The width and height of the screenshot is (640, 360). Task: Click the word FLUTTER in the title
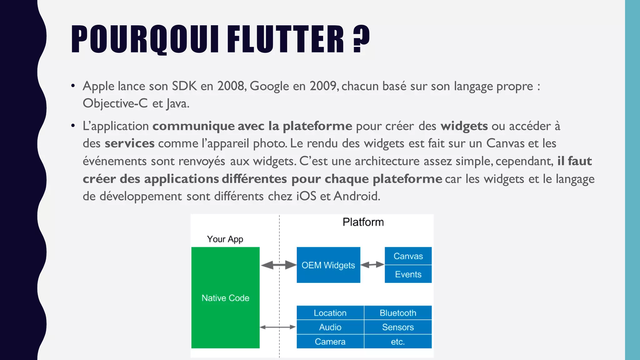285,39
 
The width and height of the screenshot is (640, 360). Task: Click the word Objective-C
115,103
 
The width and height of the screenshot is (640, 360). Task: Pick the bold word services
129,143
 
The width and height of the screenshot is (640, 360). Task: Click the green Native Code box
225,297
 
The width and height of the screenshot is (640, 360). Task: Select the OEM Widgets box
328,265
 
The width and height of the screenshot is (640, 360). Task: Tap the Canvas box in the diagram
408,256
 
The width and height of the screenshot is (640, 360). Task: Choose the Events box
408,274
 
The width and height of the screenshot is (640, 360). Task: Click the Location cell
330,313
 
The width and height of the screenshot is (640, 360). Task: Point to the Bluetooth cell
398,313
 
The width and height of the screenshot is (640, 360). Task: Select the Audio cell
330,327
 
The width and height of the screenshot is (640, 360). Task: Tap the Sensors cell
398,327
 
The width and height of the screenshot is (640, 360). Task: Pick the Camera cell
330,342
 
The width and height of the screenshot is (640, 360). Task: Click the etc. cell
398,342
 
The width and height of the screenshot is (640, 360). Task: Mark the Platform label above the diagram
363,222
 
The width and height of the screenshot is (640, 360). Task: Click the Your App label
225,239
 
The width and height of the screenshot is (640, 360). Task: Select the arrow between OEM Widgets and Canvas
372,265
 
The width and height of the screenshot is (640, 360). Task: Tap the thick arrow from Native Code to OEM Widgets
278,265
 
